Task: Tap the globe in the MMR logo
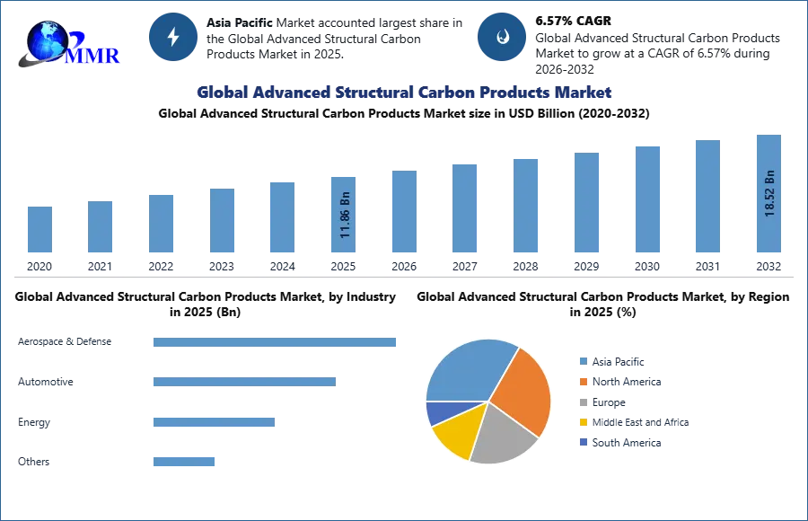[x=47, y=40]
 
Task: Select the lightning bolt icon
[x=173, y=37]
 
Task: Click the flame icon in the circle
[x=502, y=37]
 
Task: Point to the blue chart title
[x=404, y=93]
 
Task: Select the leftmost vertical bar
[x=40, y=230]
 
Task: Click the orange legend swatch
[x=582, y=382]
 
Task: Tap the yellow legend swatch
[x=582, y=423]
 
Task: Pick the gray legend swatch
[x=582, y=402]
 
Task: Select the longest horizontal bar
[x=276, y=344]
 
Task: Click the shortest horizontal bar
[x=183, y=461]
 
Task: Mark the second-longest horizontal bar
[x=243, y=382]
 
